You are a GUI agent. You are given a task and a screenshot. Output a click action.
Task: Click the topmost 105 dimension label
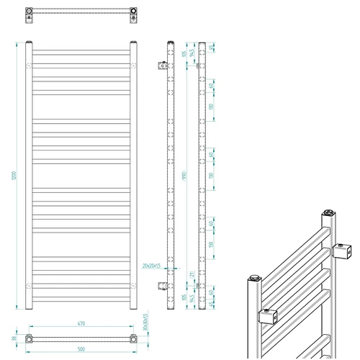pyautogui.click(x=184, y=53)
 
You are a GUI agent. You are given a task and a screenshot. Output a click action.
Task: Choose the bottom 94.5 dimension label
pyautogui.click(x=191, y=297)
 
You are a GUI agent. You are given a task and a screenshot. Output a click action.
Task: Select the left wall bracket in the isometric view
pyautogui.click(x=268, y=315)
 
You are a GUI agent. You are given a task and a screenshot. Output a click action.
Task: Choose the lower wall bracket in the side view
pyautogui.click(x=161, y=285)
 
